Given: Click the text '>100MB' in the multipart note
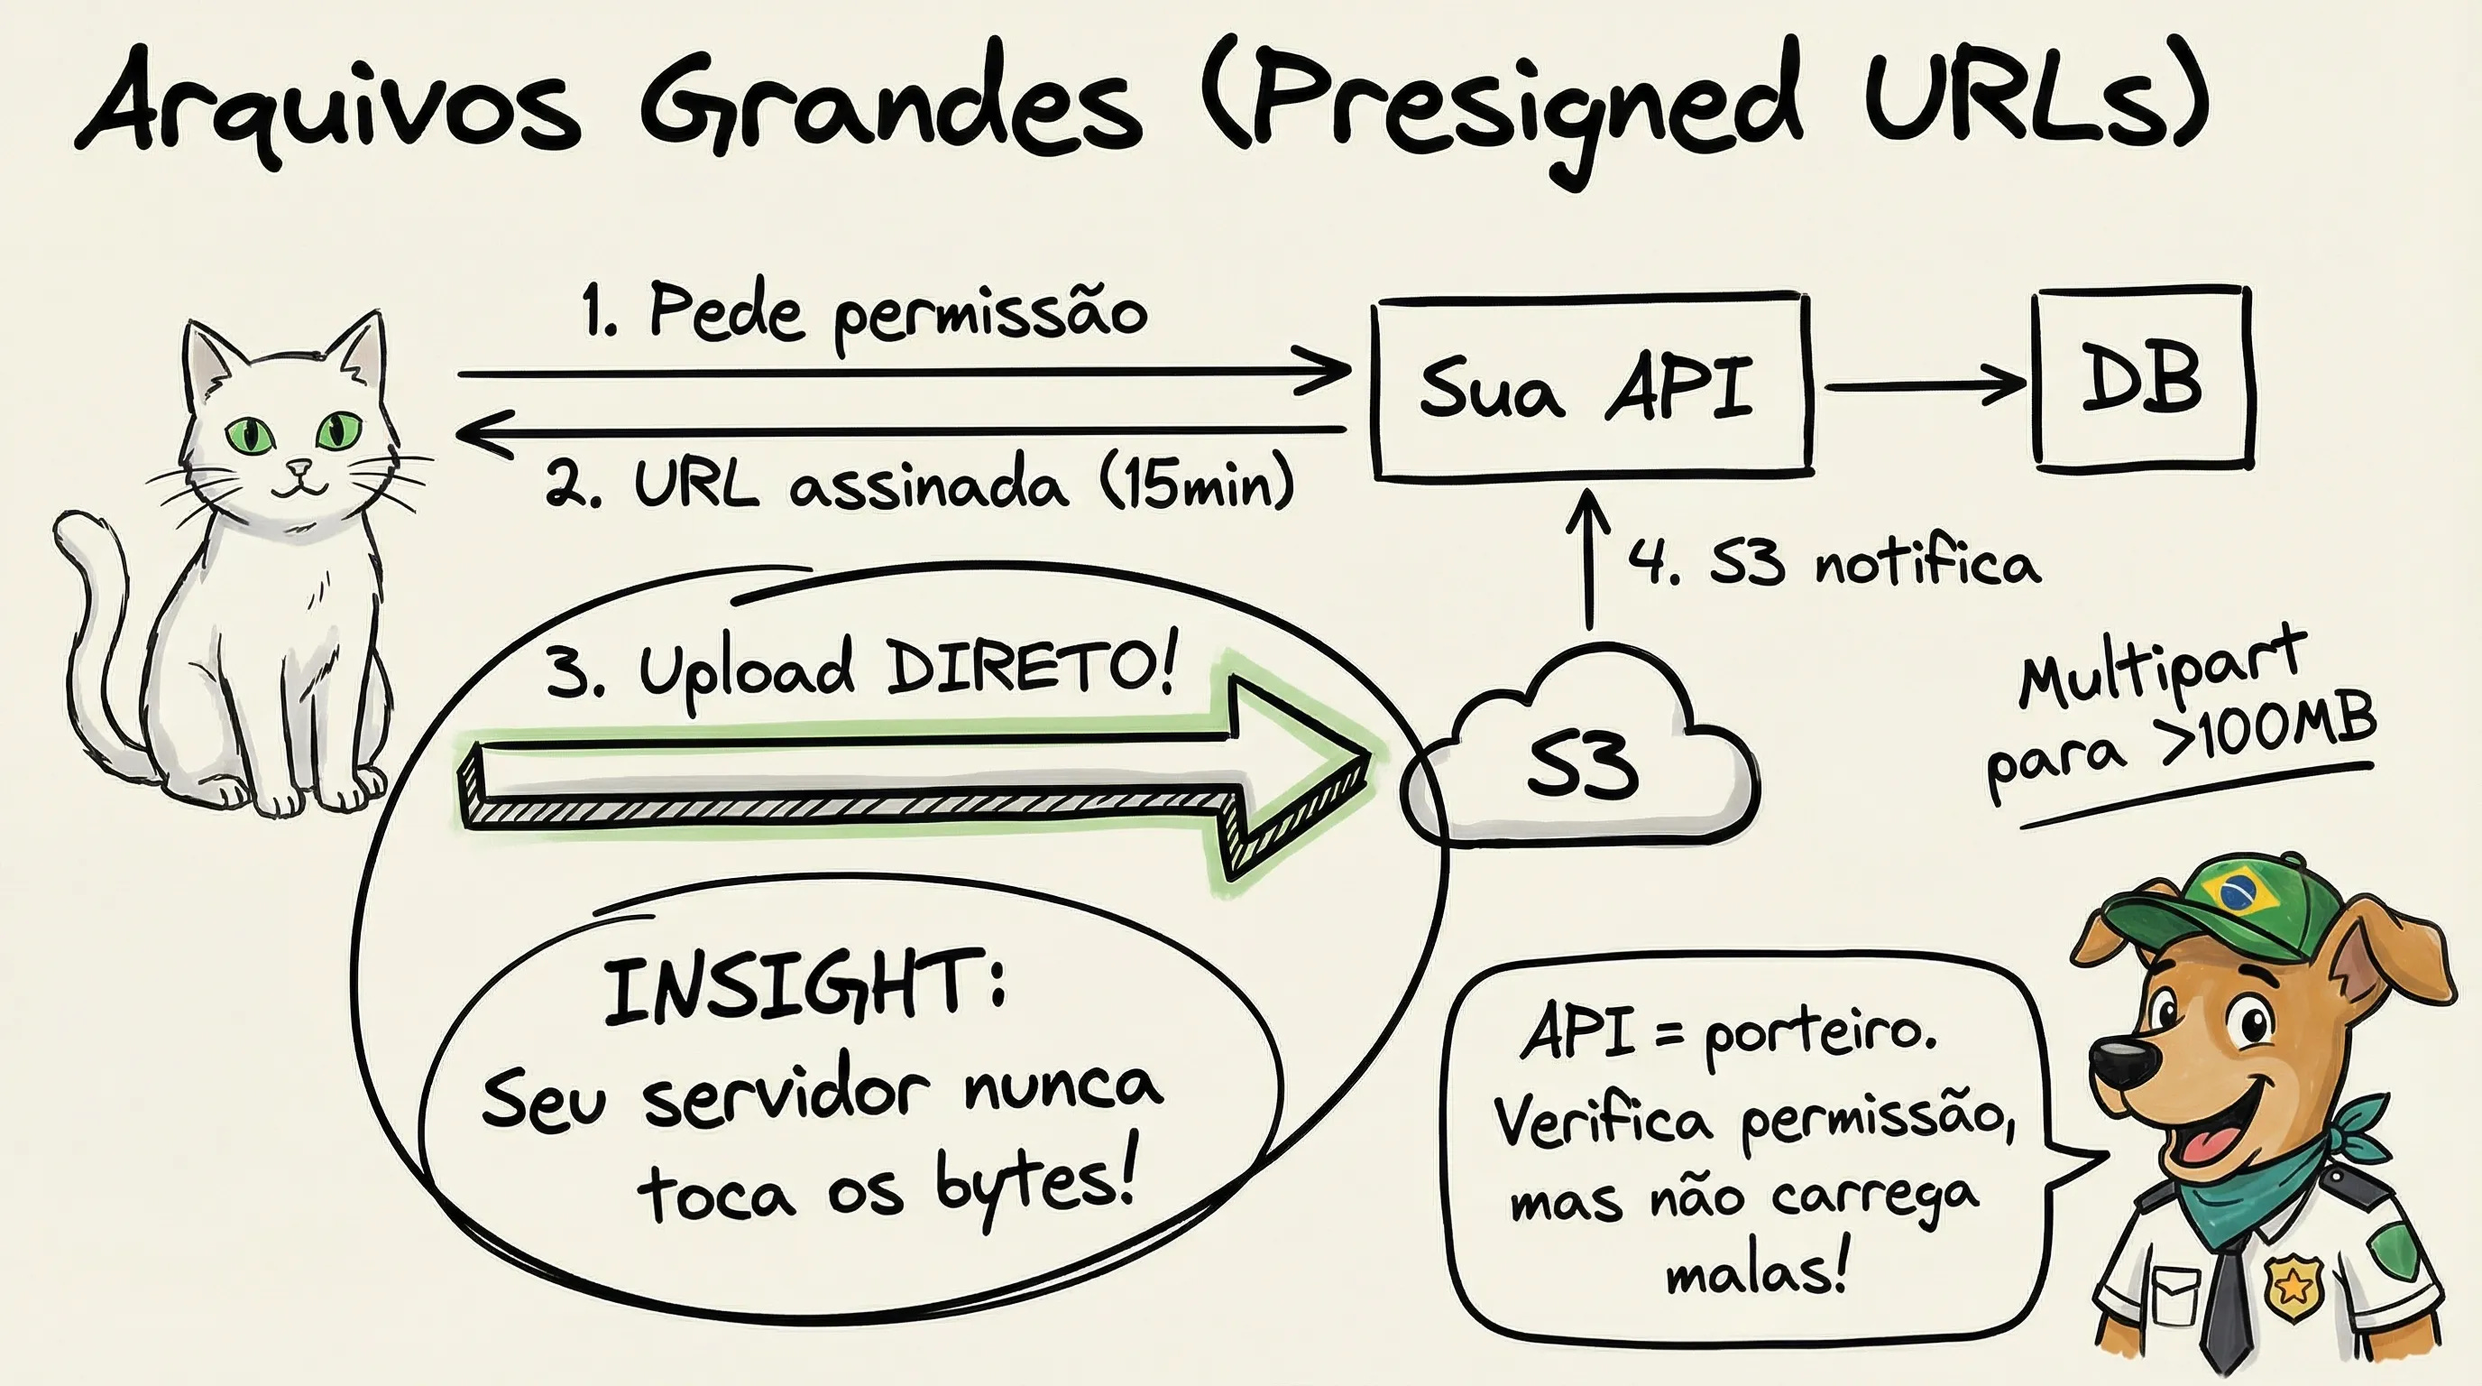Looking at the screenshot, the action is coord(2269,735).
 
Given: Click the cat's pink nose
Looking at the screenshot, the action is coord(300,467).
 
